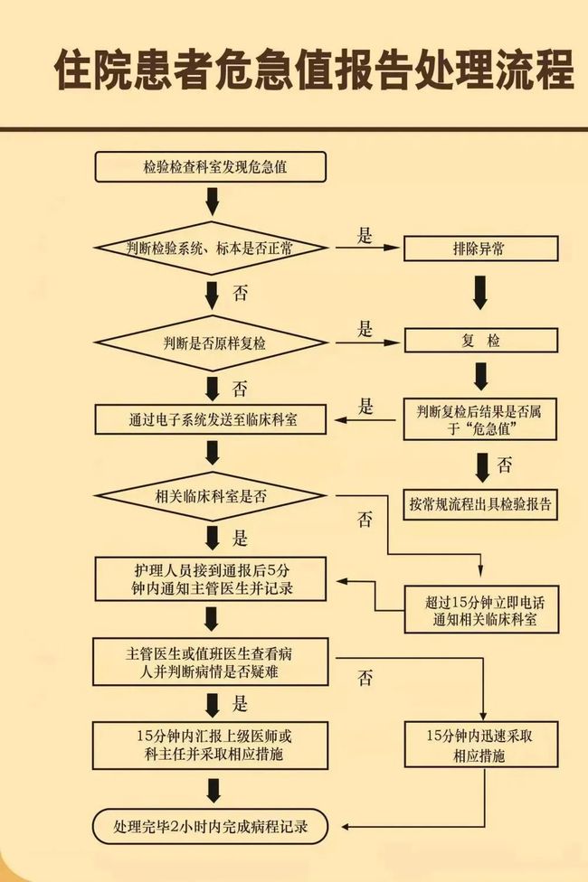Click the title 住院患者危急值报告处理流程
[x=313, y=70]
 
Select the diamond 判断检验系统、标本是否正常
[x=210, y=247]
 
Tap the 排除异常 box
[x=479, y=248]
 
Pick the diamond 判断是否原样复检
[x=210, y=342]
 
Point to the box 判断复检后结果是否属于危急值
[x=479, y=419]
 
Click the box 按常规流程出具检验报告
[x=479, y=503]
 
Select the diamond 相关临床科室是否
[x=210, y=495]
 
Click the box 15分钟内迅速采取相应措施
[x=479, y=745]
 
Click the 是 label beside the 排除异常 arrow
[x=365, y=237]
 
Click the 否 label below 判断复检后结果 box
[x=505, y=466]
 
